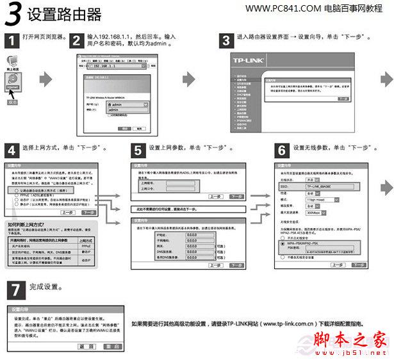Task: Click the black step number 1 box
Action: [11, 41]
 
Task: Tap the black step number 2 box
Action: [76, 41]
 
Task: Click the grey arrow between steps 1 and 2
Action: [45, 80]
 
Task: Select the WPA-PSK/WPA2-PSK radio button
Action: [284, 244]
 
